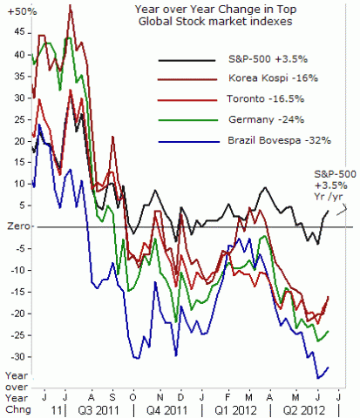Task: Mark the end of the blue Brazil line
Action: coord(329,367)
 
